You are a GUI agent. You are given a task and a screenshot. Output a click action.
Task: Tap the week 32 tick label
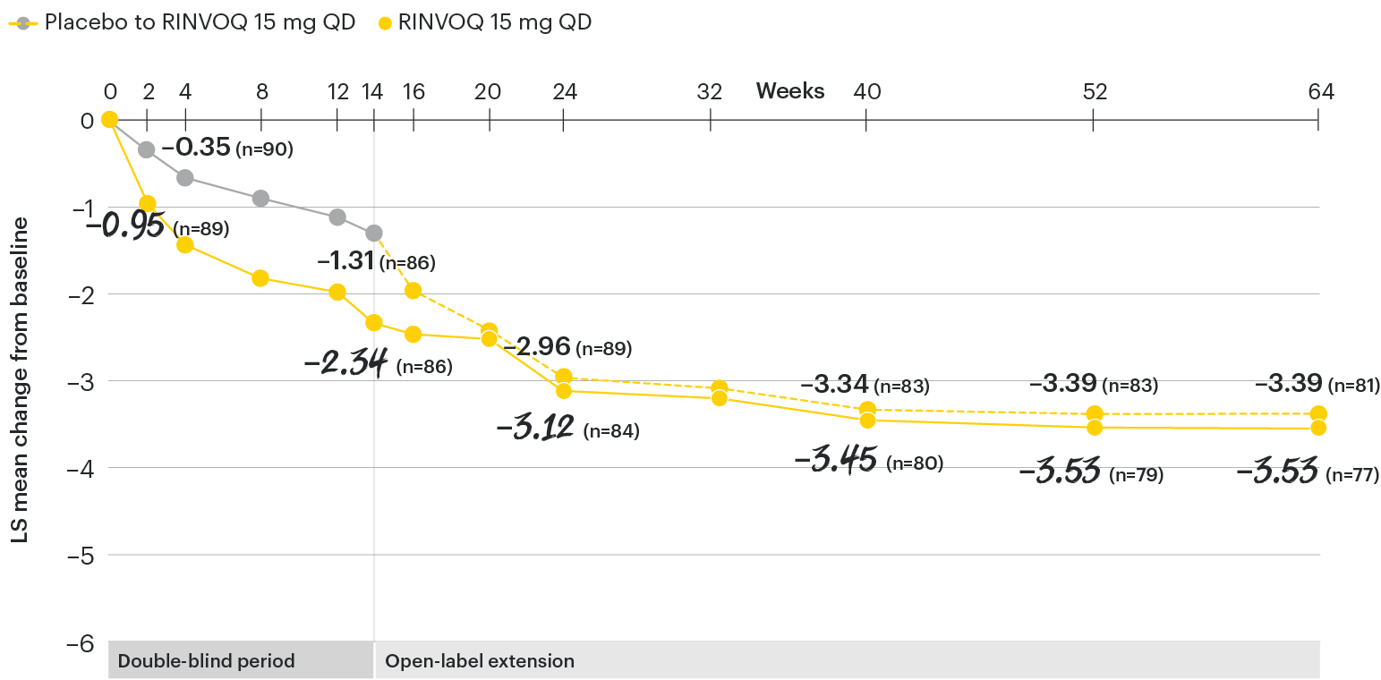point(710,91)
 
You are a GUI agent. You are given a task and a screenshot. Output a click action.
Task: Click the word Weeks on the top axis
point(790,91)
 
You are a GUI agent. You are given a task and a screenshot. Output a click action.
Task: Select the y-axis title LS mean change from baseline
point(20,380)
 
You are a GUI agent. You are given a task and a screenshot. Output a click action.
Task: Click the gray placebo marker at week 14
point(374,233)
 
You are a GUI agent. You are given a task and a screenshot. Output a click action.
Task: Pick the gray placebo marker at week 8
point(260,198)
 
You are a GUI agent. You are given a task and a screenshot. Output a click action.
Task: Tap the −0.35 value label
point(196,148)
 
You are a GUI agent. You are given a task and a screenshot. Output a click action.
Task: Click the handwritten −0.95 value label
point(125,225)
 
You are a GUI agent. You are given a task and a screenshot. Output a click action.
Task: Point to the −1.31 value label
point(345,260)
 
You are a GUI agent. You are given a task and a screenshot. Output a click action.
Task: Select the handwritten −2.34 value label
point(345,363)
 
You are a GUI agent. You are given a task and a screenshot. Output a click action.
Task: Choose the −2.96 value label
point(537,346)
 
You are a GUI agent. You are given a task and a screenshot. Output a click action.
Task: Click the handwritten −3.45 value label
point(835,462)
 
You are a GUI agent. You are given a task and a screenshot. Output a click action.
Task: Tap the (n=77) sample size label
point(1351,475)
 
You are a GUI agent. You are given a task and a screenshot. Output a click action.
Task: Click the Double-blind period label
point(207,662)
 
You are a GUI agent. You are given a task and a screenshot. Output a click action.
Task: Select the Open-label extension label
point(480,662)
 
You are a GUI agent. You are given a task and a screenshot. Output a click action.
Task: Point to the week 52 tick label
point(1095,91)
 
